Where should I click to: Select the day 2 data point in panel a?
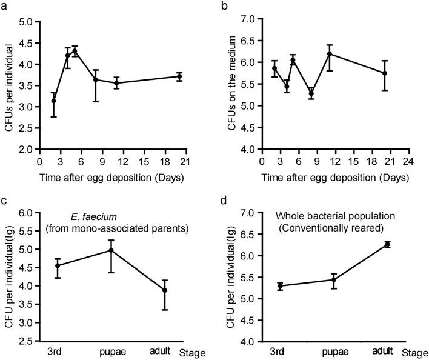[x=53, y=101]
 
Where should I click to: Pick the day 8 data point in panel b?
[x=311, y=93]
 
